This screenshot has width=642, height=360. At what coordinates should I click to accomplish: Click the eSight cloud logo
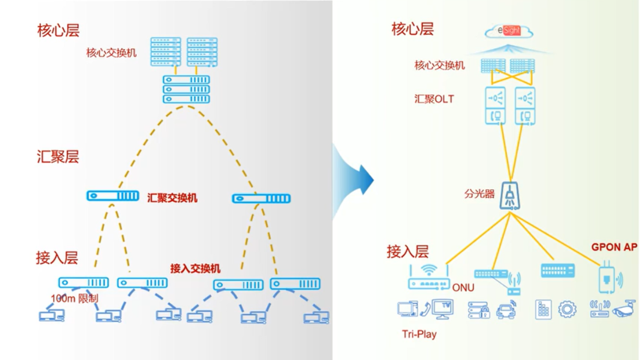pyautogui.click(x=510, y=31)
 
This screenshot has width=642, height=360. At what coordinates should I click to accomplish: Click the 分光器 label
pyautogui.click(x=479, y=194)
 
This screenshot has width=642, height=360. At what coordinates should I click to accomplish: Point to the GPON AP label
pyautogui.click(x=614, y=247)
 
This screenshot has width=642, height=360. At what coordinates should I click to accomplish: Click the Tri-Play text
pyautogui.click(x=419, y=334)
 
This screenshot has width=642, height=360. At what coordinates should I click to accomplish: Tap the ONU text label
pyautogui.click(x=463, y=288)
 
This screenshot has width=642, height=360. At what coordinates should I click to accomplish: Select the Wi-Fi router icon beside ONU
pyautogui.click(x=429, y=277)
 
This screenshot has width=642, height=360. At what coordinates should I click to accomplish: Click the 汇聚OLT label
pyautogui.click(x=434, y=99)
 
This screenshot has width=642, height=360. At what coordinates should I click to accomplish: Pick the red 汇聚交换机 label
pyautogui.click(x=172, y=198)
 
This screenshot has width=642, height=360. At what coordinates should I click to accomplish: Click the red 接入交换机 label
pyautogui.click(x=195, y=269)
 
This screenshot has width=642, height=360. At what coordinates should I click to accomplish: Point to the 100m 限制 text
pyautogui.click(x=75, y=298)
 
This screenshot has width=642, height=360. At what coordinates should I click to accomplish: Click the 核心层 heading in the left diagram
pyautogui.click(x=58, y=30)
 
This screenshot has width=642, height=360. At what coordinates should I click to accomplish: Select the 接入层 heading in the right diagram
pyautogui.click(x=408, y=252)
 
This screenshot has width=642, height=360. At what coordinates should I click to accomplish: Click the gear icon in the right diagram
pyautogui.click(x=567, y=309)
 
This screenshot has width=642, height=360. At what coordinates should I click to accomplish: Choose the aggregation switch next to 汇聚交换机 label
pyautogui.click(x=113, y=196)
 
